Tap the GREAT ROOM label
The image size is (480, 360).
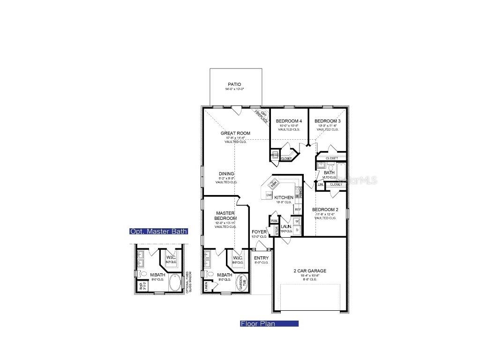235,134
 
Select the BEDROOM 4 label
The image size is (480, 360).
288,121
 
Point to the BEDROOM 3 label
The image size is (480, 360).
327,121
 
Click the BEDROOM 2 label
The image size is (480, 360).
325,210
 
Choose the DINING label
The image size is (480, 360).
226,174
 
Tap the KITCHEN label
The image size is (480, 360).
284,198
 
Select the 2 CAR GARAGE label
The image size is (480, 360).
310,271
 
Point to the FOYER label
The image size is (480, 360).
259,232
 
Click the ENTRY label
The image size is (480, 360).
261,258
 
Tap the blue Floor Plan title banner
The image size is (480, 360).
269,323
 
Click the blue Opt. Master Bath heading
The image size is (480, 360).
158,231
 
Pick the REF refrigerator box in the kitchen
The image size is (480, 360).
298,210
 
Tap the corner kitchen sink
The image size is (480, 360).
274,182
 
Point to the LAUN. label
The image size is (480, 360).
286,227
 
